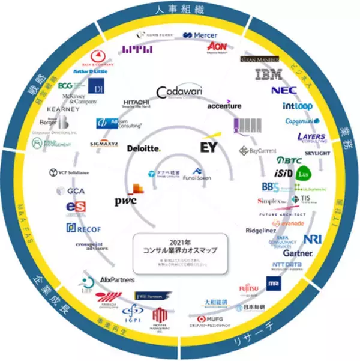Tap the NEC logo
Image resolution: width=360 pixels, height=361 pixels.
coord(284,91)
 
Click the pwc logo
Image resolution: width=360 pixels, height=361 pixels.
coord(126,201)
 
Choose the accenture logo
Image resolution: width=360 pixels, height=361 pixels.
coord(224,106)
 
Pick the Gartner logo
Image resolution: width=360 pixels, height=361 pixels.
coord(298,253)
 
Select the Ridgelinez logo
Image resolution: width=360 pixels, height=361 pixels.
coord(262,231)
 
